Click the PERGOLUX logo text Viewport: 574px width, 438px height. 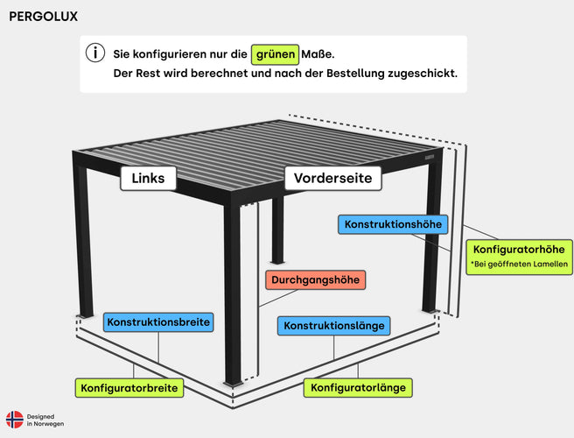click(x=43, y=17)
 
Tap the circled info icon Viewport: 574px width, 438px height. click(x=95, y=53)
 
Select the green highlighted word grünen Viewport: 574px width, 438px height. click(x=276, y=54)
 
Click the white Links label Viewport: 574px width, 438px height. click(x=148, y=178)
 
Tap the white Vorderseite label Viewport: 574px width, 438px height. click(x=332, y=178)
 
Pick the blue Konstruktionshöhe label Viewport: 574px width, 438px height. click(x=393, y=224)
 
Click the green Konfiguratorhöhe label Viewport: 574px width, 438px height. click(x=519, y=257)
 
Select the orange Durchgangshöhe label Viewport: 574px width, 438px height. click(x=315, y=280)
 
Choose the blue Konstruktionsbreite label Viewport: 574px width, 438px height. click(x=158, y=322)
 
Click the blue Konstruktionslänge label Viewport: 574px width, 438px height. click(x=334, y=326)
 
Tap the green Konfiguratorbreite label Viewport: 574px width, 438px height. click(x=129, y=388)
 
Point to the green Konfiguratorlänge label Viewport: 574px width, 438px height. click(x=358, y=388)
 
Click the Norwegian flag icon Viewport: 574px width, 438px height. click(x=15, y=420)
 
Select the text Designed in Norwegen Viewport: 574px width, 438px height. click(x=45, y=420)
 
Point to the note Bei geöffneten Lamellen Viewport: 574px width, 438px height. click(x=519, y=264)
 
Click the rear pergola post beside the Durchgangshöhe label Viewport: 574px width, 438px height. click(x=278, y=230)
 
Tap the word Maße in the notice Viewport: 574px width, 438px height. click(x=318, y=54)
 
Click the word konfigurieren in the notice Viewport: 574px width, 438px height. click(x=171, y=54)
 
